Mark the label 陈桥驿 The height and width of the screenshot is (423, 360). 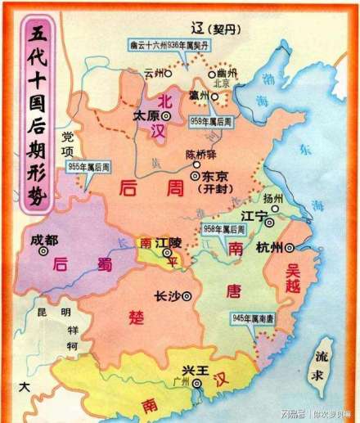click(x=203, y=157)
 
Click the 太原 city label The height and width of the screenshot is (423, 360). click(x=146, y=116)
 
